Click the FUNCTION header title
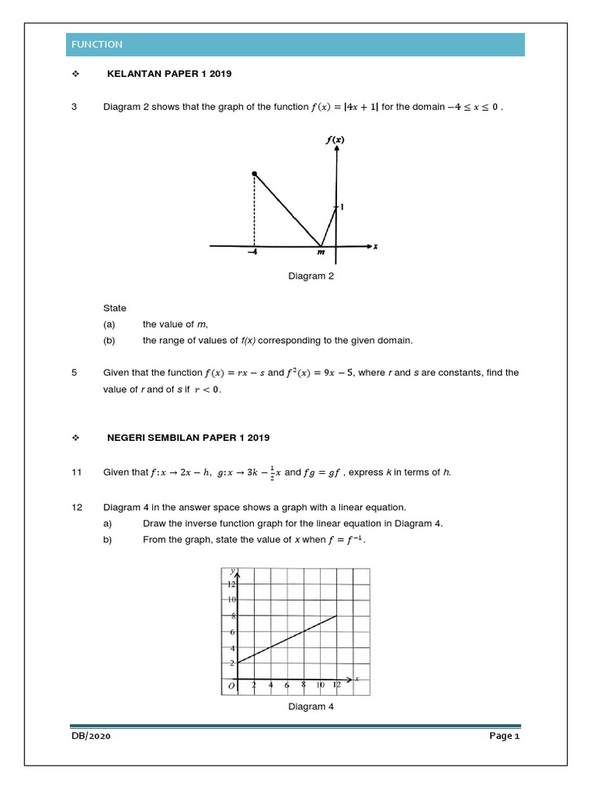pyautogui.click(x=96, y=45)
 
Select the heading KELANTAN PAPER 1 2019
pyautogui.click(x=169, y=74)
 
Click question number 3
pyautogui.click(x=74, y=107)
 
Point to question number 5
pyautogui.click(x=74, y=372)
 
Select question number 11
pyautogui.click(x=76, y=472)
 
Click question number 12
pyautogui.click(x=76, y=507)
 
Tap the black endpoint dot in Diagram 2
pyautogui.click(x=255, y=175)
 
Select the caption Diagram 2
pyautogui.click(x=311, y=276)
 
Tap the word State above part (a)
pyautogui.click(x=115, y=308)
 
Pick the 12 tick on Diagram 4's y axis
pyautogui.click(x=230, y=585)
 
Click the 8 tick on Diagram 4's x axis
pyautogui.click(x=304, y=684)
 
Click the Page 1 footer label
pyautogui.click(x=506, y=736)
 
